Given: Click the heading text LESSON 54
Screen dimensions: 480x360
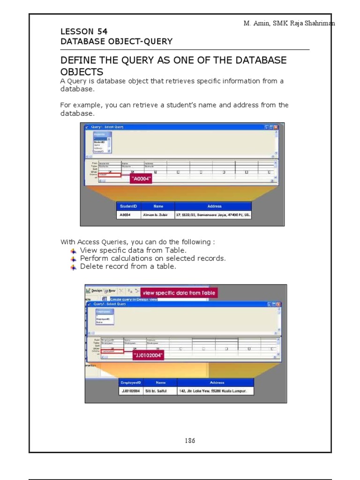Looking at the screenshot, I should [x=84, y=31].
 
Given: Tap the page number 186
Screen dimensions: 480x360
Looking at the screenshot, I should [x=190, y=441].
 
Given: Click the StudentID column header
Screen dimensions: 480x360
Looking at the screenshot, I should [x=128, y=206].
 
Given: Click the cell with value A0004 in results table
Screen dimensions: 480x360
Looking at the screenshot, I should [x=125, y=215].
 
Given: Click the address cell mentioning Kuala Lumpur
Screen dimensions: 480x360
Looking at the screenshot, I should [x=215, y=391].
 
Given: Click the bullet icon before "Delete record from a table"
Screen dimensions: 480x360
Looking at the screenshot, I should [x=73, y=267].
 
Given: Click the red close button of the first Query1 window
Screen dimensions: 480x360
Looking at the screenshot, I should [x=276, y=127].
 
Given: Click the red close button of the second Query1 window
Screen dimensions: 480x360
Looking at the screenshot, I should [x=279, y=304].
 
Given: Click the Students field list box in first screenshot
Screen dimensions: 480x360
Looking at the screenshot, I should [x=102, y=142].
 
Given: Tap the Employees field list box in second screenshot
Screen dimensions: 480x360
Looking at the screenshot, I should [x=105, y=317].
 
